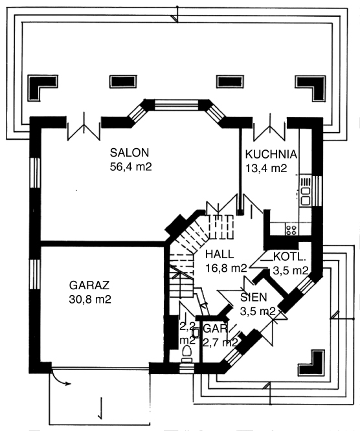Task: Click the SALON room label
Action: [129, 153]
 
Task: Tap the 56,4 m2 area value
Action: [131, 167]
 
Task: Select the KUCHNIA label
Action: [271, 155]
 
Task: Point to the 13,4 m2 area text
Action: [266, 168]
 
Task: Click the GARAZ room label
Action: [89, 285]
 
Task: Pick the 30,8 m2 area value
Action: [90, 300]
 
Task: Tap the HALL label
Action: [219, 254]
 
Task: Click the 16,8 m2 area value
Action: [227, 269]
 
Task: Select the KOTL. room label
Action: [289, 257]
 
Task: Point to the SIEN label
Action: [254, 298]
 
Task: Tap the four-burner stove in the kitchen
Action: [291, 230]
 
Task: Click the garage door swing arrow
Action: [60, 379]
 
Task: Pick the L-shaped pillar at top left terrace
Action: [43, 87]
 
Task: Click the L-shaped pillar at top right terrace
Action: [311, 87]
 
